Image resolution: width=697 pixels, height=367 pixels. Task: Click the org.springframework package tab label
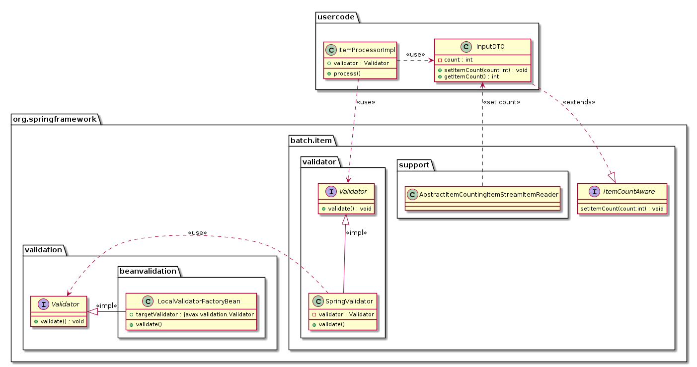click(55, 119)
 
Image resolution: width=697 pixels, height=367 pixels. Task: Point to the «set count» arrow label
click(501, 102)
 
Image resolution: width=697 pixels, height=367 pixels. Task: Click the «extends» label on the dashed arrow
click(578, 102)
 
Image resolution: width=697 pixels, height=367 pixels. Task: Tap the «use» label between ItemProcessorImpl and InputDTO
click(415, 55)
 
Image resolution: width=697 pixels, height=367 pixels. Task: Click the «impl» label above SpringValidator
click(356, 232)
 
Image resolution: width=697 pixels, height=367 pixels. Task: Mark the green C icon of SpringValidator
click(316, 301)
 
